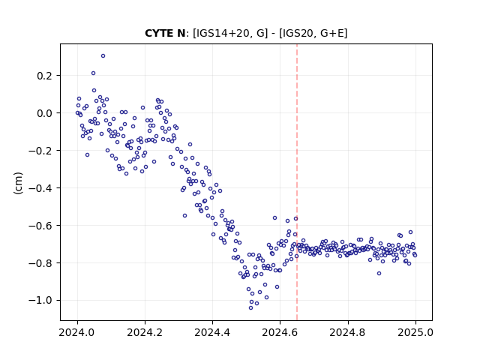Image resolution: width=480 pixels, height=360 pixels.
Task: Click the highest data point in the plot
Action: tap(103, 56)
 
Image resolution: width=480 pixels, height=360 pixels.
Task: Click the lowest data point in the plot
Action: tap(250, 308)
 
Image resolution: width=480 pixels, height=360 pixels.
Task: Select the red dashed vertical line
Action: tap(297, 182)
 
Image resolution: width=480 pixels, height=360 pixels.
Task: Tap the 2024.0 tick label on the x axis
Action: tap(77, 332)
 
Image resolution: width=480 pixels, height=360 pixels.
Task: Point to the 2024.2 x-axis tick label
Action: tap(145, 332)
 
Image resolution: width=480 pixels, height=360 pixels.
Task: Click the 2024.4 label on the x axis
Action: tap(212, 332)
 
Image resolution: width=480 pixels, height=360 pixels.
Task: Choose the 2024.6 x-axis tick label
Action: tap(280, 332)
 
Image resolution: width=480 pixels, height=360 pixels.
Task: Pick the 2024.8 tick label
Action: tap(348, 332)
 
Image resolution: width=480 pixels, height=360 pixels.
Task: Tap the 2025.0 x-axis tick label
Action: tap(415, 332)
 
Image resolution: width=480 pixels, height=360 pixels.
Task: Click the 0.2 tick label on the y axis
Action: tap(45, 76)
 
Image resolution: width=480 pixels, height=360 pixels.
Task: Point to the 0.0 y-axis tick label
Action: tap(45, 113)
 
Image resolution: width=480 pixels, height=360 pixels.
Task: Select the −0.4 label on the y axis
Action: tap(40, 188)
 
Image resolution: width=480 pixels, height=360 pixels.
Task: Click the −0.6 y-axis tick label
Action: tap(40, 226)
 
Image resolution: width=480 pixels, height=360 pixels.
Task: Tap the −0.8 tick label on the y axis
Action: tap(40, 263)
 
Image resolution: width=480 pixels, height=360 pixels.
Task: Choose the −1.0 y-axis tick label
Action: tap(40, 300)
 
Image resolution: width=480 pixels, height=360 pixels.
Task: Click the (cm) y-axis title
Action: tap(18, 182)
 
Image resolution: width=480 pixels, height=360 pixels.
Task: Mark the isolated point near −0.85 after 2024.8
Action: tap(379, 273)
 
